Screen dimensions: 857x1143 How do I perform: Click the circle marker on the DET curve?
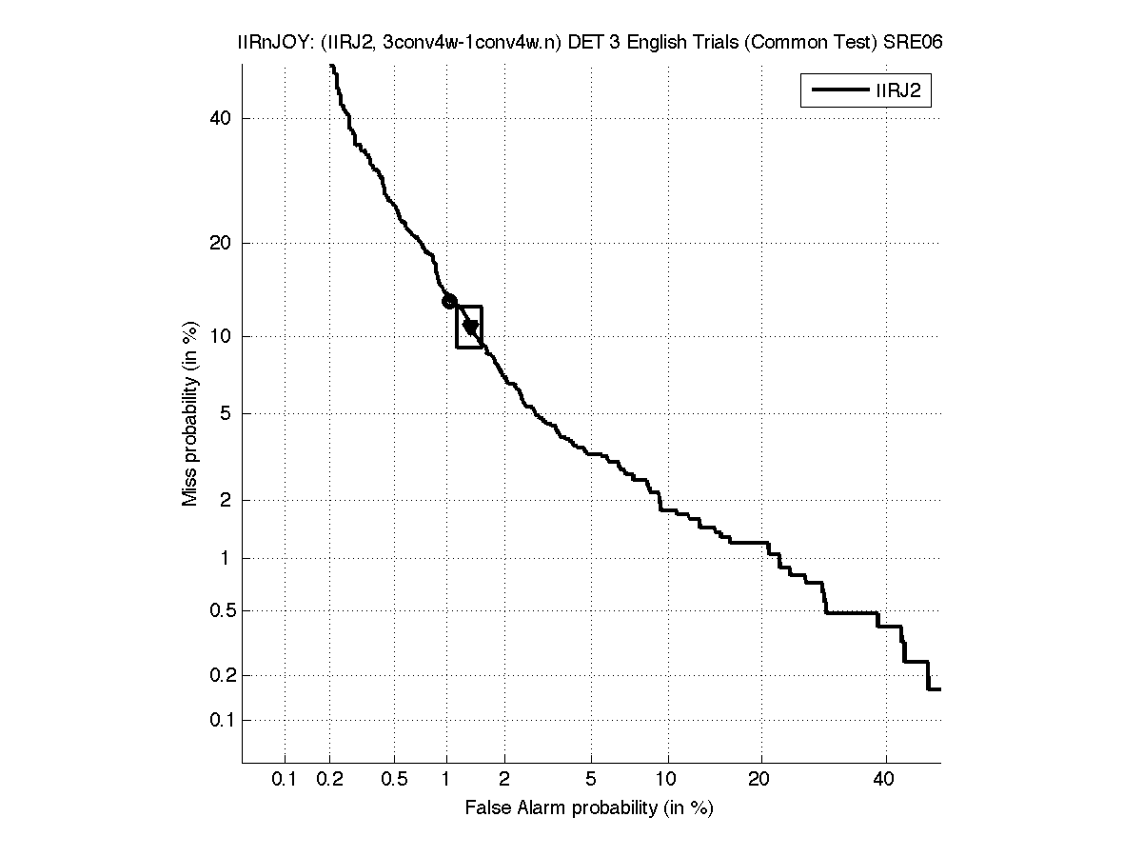pos(449,301)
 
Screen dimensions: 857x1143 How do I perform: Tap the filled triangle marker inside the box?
pos(470,327)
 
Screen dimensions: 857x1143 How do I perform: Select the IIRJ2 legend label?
pos(897,91)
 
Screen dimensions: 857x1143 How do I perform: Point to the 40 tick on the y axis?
pos(223,118)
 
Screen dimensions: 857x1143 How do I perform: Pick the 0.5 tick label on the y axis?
pos(220,610)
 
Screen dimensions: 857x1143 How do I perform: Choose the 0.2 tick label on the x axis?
pos(330,779)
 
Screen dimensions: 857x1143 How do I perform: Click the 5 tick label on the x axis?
pos(591,779)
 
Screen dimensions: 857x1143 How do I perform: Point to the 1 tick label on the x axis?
pos(446,779)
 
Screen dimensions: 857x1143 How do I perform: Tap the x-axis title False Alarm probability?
pos(589,808)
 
